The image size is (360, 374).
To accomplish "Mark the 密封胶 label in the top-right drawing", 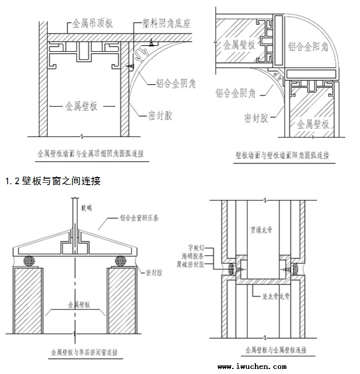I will pyautogui.click(x=256, y=118).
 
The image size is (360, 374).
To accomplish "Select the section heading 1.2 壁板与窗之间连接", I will pyautogui.click(x=53, y=181).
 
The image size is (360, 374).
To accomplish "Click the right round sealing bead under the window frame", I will pyautogui.click(x=120, y=261).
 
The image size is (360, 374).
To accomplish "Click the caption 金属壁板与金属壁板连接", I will pyautogui.click(x=276, y=350).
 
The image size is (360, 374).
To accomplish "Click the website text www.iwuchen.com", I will pyautogui.click(x=252, y=366).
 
